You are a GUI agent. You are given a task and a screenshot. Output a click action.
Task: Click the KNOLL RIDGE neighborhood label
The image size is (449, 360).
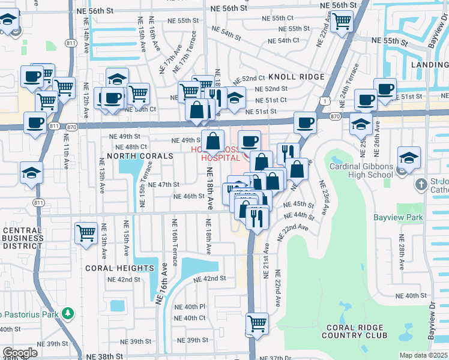(296, 77)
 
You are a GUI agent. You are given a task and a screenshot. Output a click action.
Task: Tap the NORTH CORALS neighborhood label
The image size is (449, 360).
(140, 156)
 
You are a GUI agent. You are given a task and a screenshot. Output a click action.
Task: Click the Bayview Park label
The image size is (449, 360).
(398, 217)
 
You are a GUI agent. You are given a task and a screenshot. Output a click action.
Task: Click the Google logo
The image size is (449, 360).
(20, 353)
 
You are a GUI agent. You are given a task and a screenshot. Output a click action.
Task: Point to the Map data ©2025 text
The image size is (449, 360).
(423, 355)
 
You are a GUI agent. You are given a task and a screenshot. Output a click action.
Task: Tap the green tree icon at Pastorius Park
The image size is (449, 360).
(68, 313)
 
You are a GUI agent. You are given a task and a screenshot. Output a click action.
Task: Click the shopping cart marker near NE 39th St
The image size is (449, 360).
(257, 323)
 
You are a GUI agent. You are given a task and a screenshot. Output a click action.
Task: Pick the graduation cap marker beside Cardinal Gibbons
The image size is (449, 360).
(409, 159)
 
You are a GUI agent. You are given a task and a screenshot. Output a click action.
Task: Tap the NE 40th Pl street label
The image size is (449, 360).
(190, 306)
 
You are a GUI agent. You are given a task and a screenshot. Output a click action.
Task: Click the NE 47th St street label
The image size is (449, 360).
(163, 185)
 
